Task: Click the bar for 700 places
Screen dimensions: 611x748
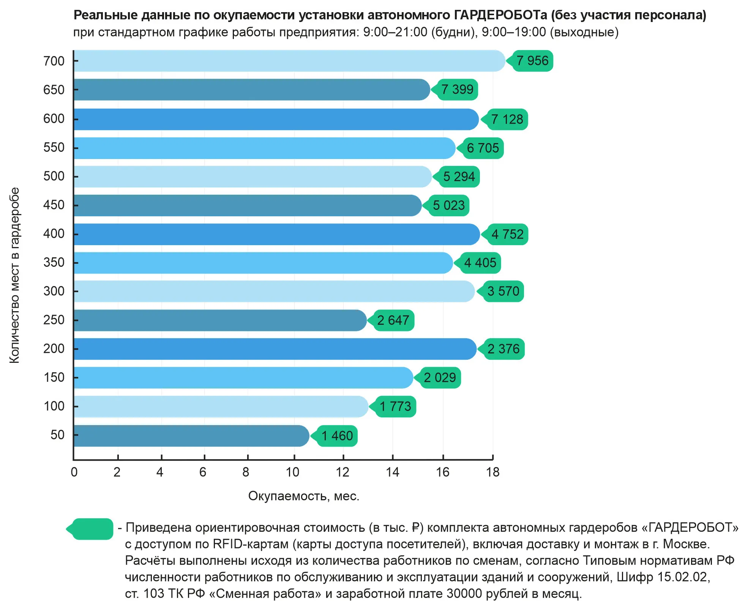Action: [289, 61]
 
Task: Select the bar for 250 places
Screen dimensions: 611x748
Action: [220, 320]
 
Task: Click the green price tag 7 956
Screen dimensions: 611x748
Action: [532, 61]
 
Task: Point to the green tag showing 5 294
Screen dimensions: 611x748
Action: [458, 177]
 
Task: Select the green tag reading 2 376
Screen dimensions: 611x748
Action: [503, 349]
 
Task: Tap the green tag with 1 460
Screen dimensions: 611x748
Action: [336, 436]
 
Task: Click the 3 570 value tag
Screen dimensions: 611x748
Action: [502, 291]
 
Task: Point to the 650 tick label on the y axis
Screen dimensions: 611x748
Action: [54, 90]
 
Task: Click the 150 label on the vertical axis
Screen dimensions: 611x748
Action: [54, 378]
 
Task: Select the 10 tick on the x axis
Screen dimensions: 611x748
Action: [292, 472]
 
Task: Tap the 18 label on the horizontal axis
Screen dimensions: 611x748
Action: [492, 472]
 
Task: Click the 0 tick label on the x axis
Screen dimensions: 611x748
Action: [74, 472]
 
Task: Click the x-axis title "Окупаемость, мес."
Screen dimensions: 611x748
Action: [304, 496]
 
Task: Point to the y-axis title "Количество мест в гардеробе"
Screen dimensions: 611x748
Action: [14, 275]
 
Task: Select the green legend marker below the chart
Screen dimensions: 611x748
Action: [91, 529]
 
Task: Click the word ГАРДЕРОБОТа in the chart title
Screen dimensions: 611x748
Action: [500, 15]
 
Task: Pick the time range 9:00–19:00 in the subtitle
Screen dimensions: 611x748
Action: [514, 32]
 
